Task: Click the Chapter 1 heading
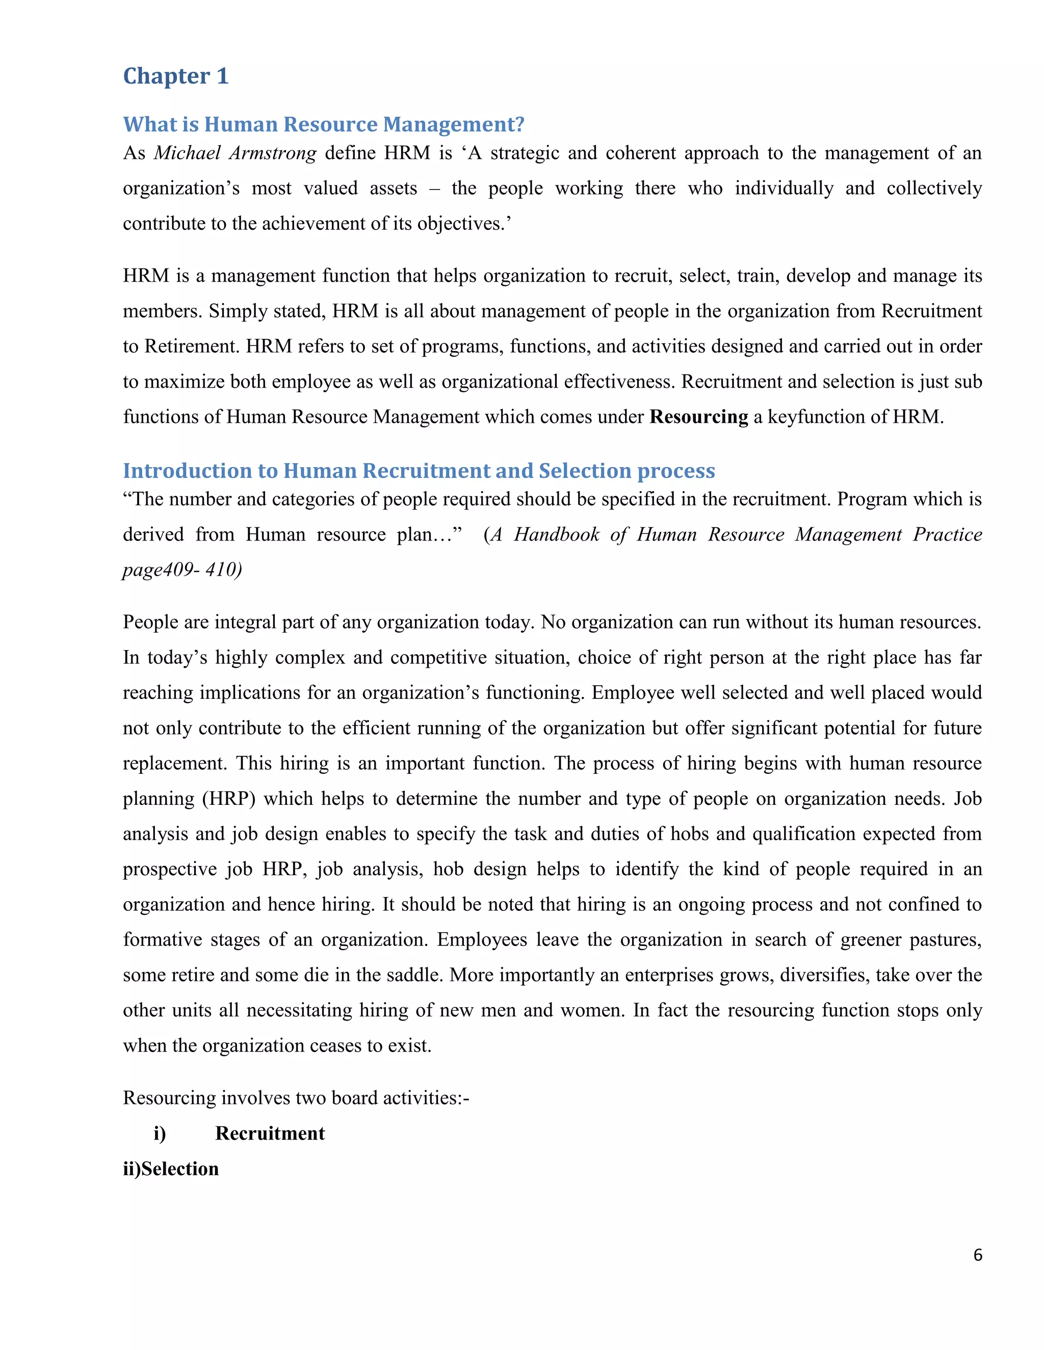(x=176, y=76)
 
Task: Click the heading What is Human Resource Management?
(x=324, y=124)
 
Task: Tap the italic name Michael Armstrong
(x=235, y=153)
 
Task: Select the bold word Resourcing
(x=698, y=417)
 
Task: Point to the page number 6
(x=977, y=1255)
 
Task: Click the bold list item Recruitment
(x=270, y=1133)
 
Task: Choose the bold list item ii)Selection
(x=171, y=1168)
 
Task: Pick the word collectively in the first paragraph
(x=934, y=188)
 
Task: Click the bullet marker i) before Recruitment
(x=160, y=1133)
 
